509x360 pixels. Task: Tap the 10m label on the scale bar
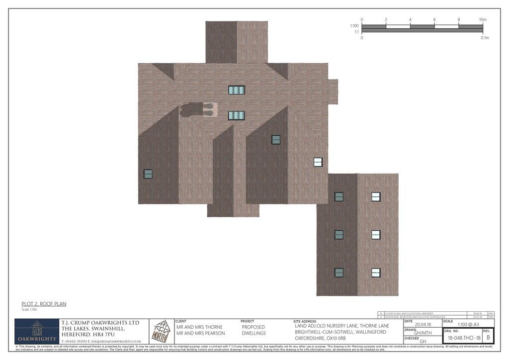[482, 20]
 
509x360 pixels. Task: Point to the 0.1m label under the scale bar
[485, 38]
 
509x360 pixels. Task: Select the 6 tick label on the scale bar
[434, 20]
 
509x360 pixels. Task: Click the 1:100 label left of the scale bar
[354, 26]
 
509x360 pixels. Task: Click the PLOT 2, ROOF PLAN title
[44, 304]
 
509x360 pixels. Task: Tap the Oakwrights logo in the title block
[36, 331]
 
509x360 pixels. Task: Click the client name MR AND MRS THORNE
[199, 327]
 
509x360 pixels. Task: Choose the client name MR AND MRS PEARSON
[200, 333]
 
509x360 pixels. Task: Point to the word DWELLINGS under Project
[254, 333]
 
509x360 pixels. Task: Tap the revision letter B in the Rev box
[488, 338]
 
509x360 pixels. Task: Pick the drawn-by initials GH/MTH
[423, 333]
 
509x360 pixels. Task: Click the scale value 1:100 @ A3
[468, 324]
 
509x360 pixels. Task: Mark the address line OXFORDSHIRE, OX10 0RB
[321, 338]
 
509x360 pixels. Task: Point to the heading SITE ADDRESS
[305, 321]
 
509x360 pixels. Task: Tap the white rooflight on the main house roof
[318, 162]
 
